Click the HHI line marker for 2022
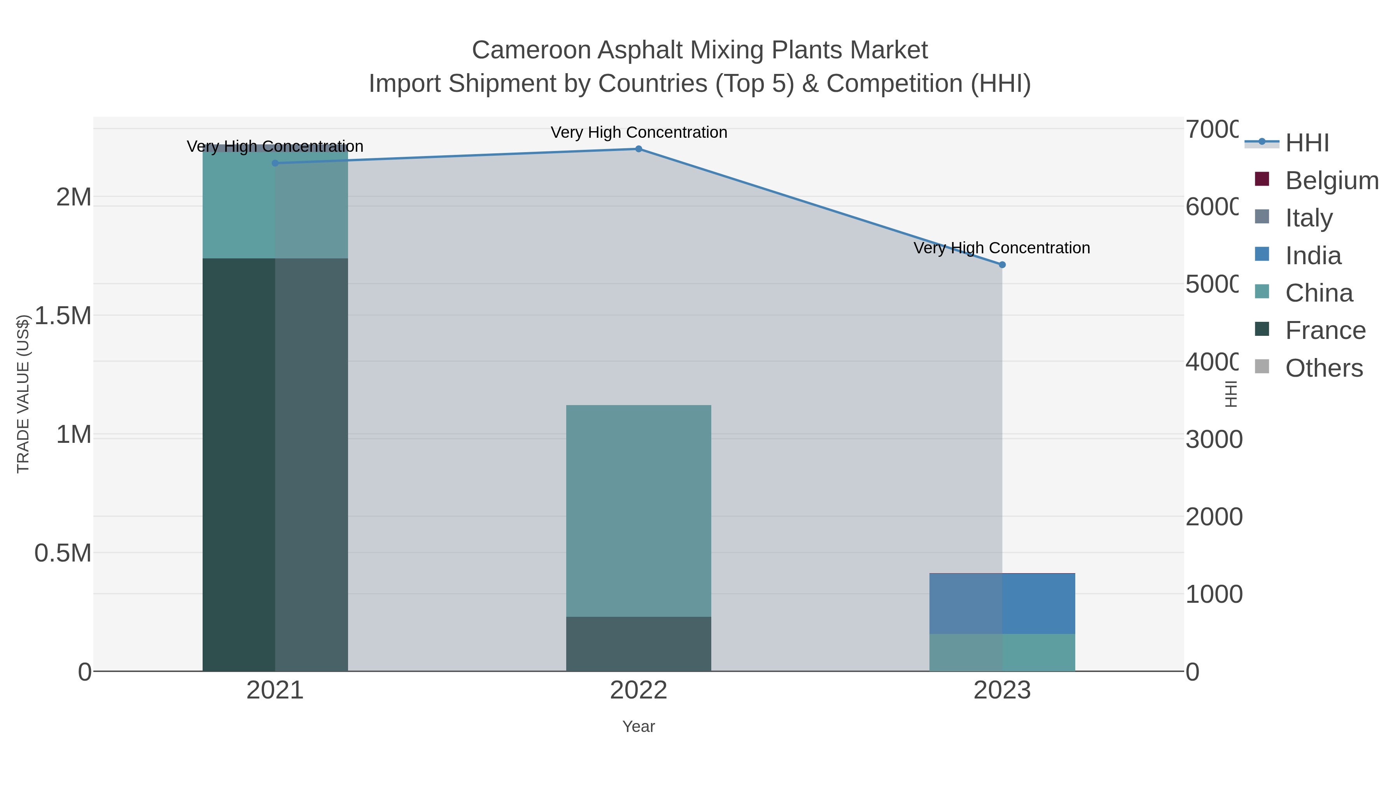pos(639,149)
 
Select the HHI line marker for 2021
pos(275,163)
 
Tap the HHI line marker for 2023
pos(1002,265)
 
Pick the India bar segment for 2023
pos(1002,604)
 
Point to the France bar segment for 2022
pos(639,644)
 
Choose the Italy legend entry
pos(1308,218)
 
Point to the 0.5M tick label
pos(63,553)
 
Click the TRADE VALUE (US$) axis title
pos(23,394)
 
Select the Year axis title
pos(639,727)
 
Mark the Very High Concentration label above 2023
pos(1002,248)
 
